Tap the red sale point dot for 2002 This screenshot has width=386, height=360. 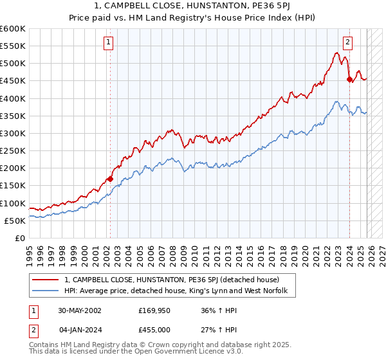[110, 179]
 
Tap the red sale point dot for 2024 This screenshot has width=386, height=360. [349, 80]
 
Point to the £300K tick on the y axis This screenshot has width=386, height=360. [14, 133]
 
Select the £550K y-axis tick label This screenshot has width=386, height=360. [14, 46]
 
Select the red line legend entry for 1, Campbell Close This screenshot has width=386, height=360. [171, 280]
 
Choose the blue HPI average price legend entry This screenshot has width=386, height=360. [179, 291]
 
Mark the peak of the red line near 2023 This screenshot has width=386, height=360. [337, 53]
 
